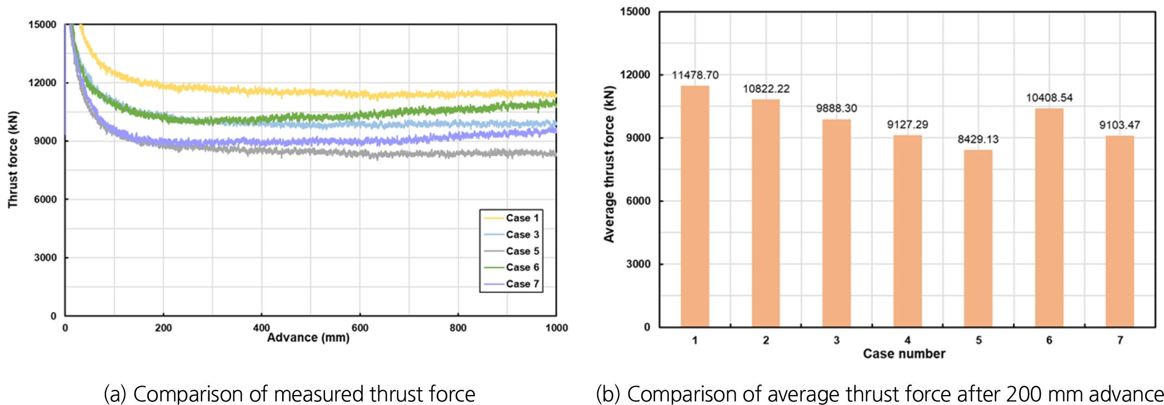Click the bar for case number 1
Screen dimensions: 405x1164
pyautogui.click(x=695, y=206)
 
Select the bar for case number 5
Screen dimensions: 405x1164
pyautogui.click(x=978, y=238)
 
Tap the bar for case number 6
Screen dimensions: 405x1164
pyautogui.click(x=1049, y=217)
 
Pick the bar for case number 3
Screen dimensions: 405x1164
pyautogui.click(x=836, y=223)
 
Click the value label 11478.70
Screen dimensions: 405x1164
pyautogui.click(x=695, y=75)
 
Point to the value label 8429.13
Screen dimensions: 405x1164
pyautogui.click(x=978, y=139)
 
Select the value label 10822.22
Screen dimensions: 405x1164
pyautogui.click(x=766, y=89)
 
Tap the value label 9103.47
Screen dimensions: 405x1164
pyautogui.click(x=1120, y=125)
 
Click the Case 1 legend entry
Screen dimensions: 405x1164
pyautogui.click(x=512, y=218)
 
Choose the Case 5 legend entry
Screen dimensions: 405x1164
pyautogui.click(x=512, y=251)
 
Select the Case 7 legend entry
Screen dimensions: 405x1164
pyautogui.click(x=512, y=284)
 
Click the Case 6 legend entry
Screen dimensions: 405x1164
pyautogui.click(x=512, y=267)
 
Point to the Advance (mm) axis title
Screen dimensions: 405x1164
pyautogui.click(x=308, y=338)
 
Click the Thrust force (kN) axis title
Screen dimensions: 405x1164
pyautogui.click(x=13, y=160)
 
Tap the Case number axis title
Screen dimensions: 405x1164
pyautogui.click(x=904, y=354)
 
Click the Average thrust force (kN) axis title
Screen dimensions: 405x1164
pyautogui.click(x=610, y=164)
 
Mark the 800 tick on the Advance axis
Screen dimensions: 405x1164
pyautogui.click(x=458, y=328)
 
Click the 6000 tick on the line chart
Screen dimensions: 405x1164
pyautogui.click(x=45, y=199)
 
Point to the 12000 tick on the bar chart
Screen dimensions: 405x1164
pyautogui.click(x=635, y=75)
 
